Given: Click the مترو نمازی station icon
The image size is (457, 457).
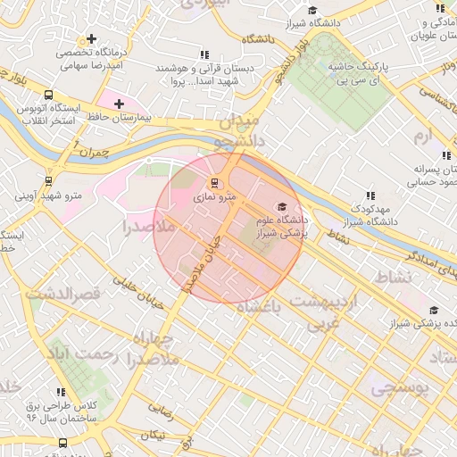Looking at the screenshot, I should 212,183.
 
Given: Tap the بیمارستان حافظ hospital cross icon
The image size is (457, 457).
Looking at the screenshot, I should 119,104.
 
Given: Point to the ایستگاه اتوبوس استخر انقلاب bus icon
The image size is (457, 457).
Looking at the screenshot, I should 47,96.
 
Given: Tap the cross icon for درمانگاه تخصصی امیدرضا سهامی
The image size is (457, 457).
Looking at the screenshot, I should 92,39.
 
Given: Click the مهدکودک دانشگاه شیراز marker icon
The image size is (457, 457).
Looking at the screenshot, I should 370,195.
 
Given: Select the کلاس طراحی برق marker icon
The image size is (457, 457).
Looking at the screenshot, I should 62,392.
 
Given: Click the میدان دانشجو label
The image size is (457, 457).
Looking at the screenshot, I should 239,130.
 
